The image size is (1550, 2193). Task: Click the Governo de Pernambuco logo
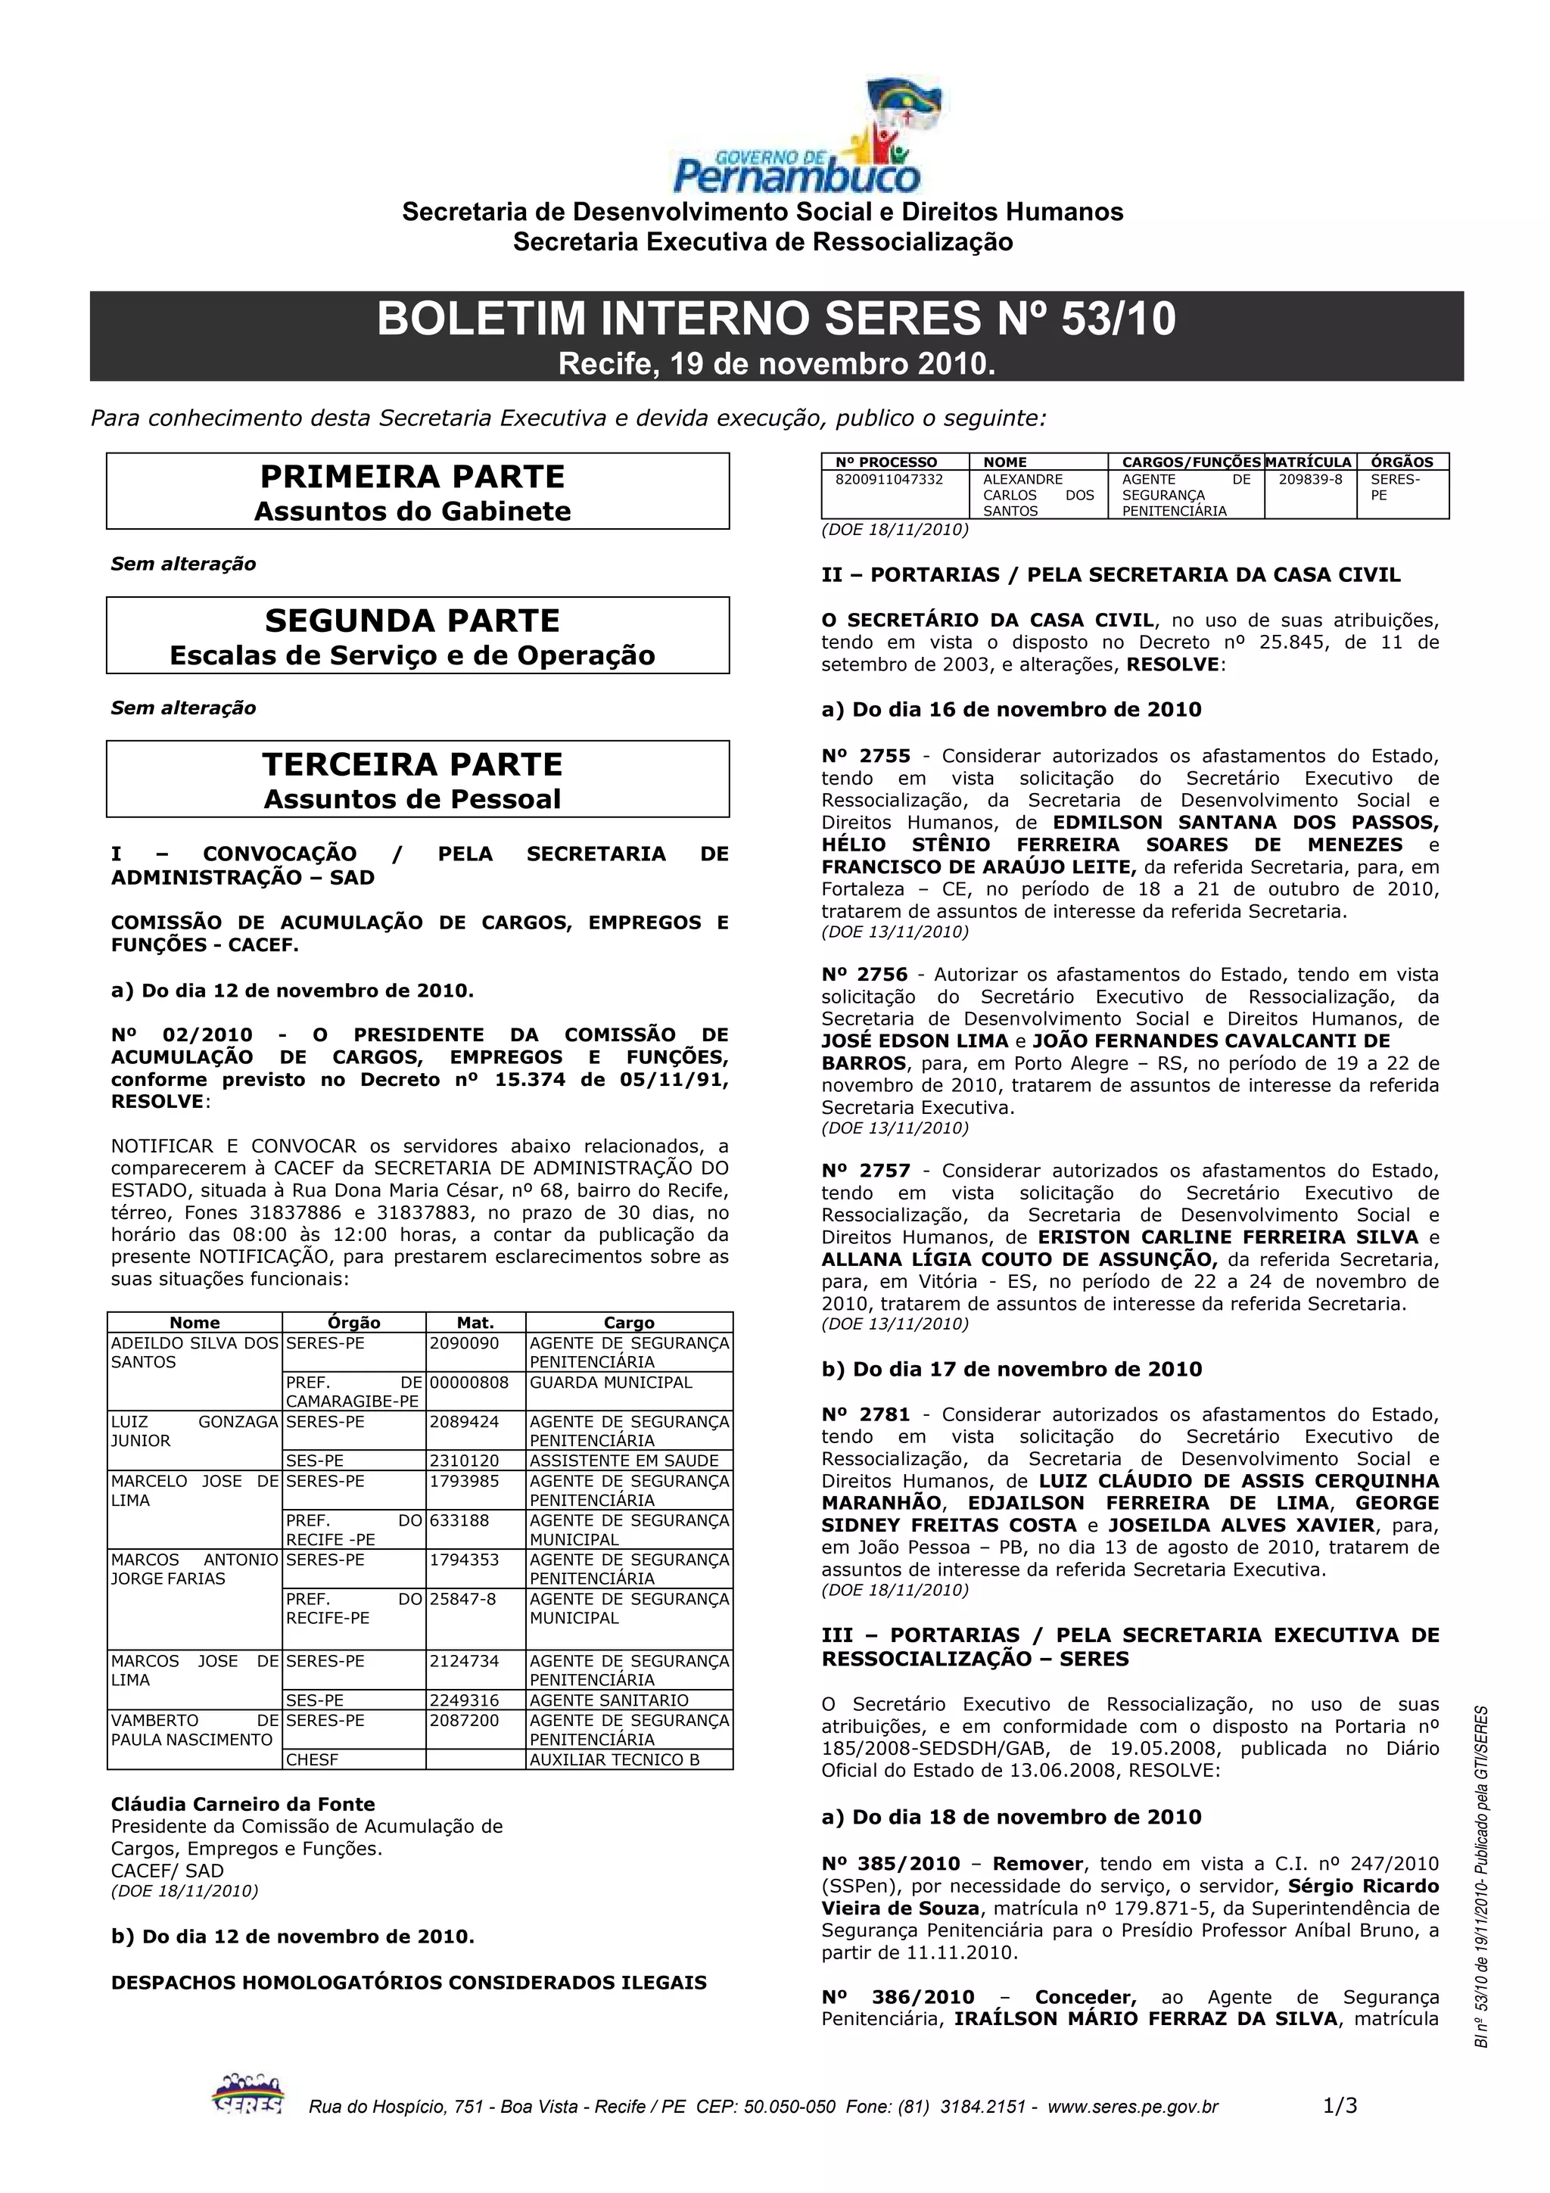point(796,139)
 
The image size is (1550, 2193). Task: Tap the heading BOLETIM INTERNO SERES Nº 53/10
point(776,319)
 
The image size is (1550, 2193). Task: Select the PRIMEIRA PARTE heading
point(412,477)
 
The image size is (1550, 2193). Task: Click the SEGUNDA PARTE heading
point(412,621)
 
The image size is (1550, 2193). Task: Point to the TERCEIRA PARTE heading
point(412,765)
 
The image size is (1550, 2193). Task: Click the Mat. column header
point(475,1323)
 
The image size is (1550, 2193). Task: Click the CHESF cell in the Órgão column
point(313,1759)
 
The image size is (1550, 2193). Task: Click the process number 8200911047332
point(889,480)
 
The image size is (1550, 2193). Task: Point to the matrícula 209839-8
point(1310,480)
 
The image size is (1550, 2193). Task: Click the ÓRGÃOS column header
point(1402,462)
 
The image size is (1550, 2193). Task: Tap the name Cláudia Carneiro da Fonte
point(243,1804)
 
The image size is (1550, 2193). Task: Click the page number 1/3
point(1340,2105)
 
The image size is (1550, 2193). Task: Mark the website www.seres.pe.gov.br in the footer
point(1133,2107)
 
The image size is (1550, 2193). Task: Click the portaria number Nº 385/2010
point(890,1864)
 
